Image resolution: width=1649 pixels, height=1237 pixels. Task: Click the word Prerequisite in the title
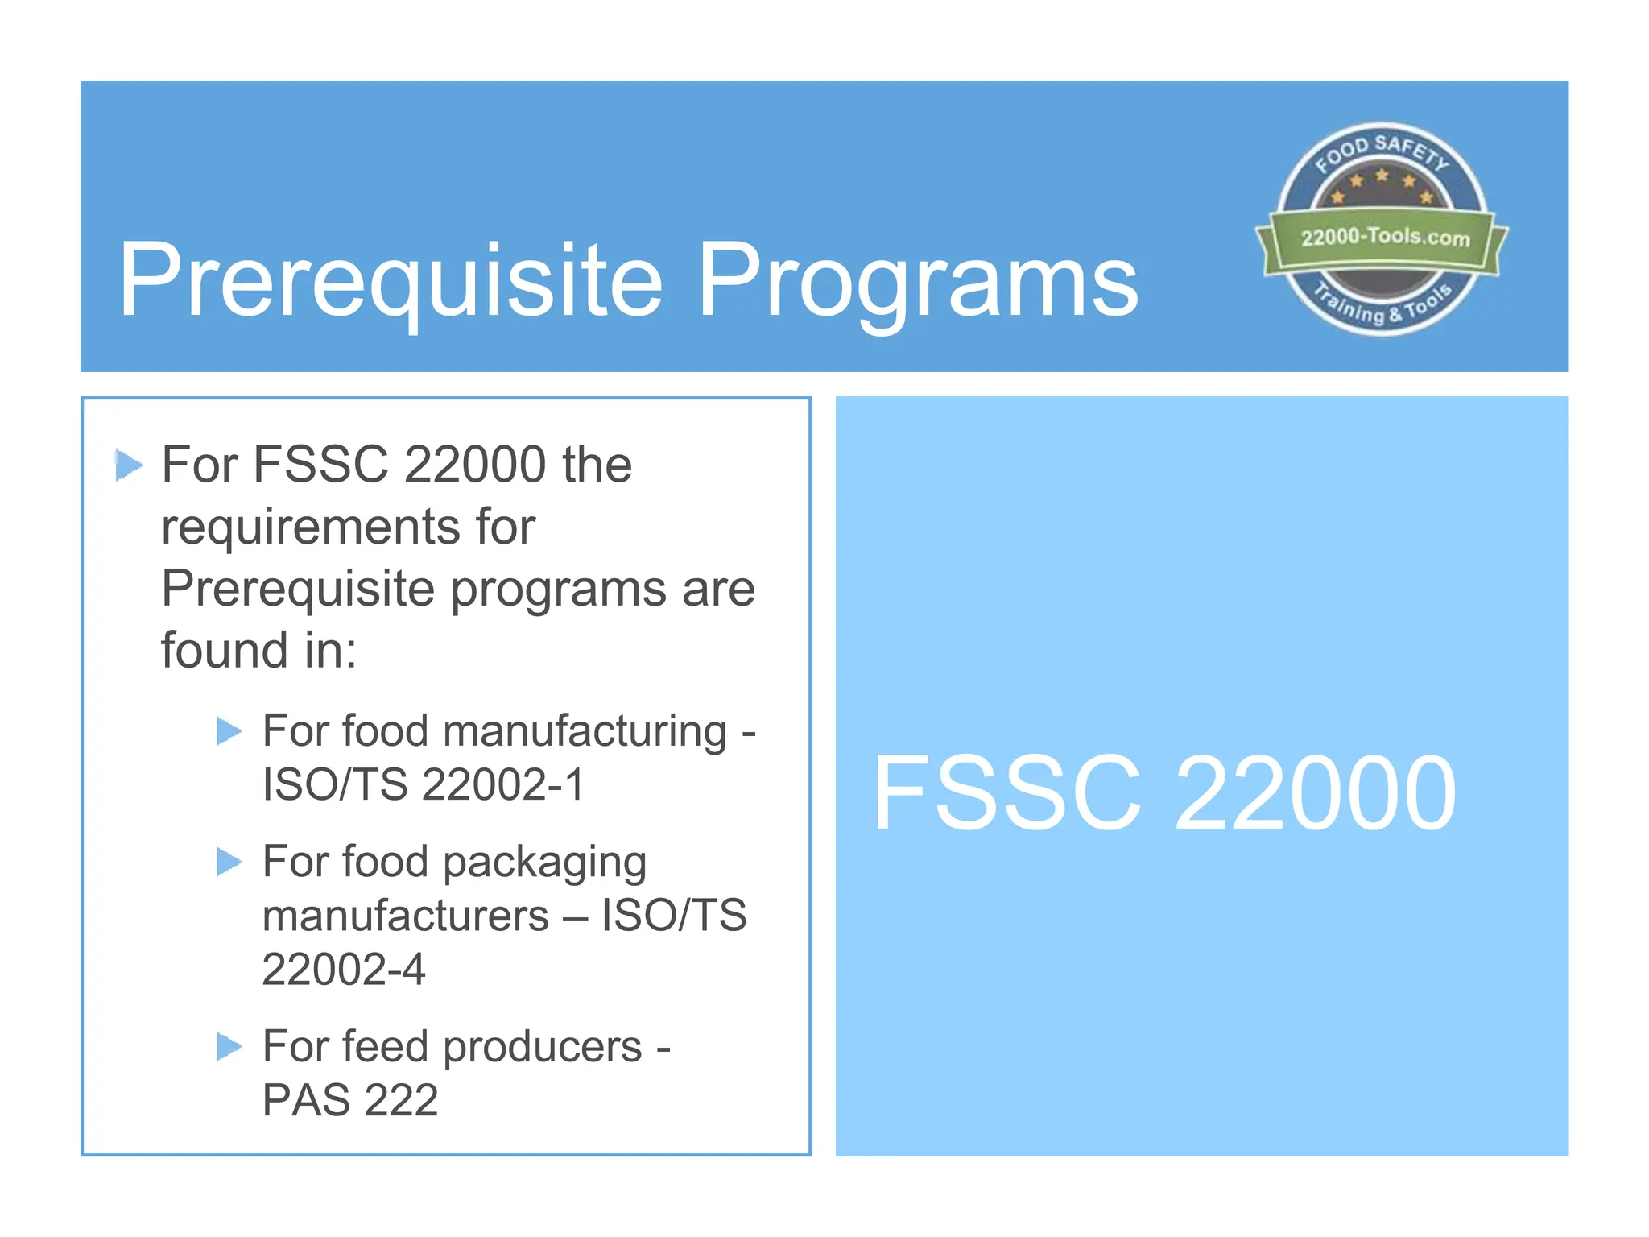coord(391,281)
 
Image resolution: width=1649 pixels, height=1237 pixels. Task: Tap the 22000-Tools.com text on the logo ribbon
coord(1385,237)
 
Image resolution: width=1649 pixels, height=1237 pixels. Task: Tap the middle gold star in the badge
coord(1382,175)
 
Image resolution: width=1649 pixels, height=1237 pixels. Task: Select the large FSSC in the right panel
coord(1006,792)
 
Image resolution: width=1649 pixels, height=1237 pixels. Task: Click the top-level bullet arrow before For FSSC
coord(129,465)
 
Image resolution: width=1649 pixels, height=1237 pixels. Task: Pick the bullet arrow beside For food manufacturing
coord(229,731)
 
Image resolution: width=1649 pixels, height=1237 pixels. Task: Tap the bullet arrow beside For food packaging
coord(229,863)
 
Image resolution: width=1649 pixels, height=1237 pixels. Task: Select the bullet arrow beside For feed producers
coord(229,1047)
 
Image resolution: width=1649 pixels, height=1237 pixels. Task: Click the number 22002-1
coord(503,784)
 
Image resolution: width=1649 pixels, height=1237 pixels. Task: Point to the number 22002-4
coord(344,969)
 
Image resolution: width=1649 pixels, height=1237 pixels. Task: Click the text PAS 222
coord(350,1100)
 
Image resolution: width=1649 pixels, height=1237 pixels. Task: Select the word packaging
coord(544,863)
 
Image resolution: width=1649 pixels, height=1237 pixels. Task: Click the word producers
coord(542,1047)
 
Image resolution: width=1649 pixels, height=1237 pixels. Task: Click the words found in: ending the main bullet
coord(258,650)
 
